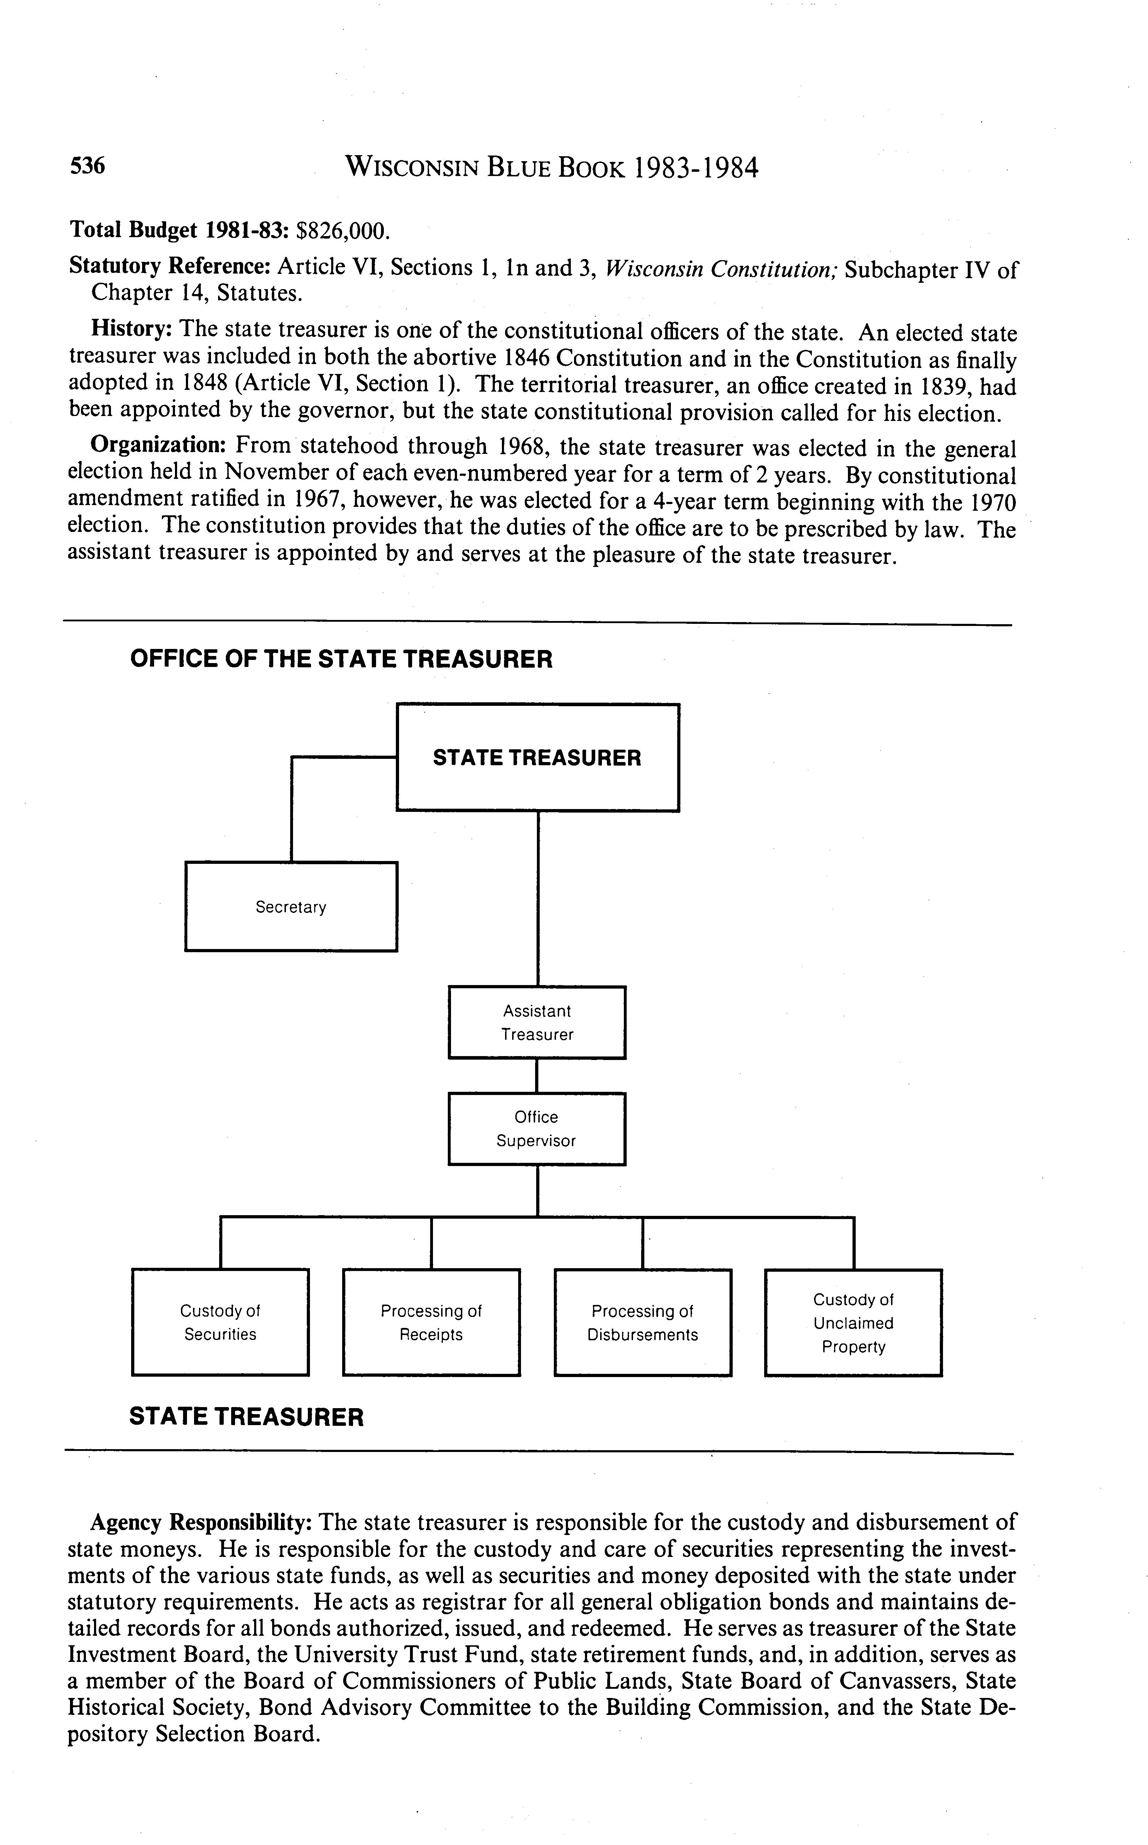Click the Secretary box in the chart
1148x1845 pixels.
291,907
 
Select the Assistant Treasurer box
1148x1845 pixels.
537,1022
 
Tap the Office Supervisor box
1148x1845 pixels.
537,1128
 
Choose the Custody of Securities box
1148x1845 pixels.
220,1322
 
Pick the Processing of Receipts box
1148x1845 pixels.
431,1322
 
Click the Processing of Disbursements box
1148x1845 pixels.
642,1322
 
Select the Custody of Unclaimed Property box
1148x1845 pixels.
854,1322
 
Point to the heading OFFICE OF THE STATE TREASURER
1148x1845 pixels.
341,658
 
